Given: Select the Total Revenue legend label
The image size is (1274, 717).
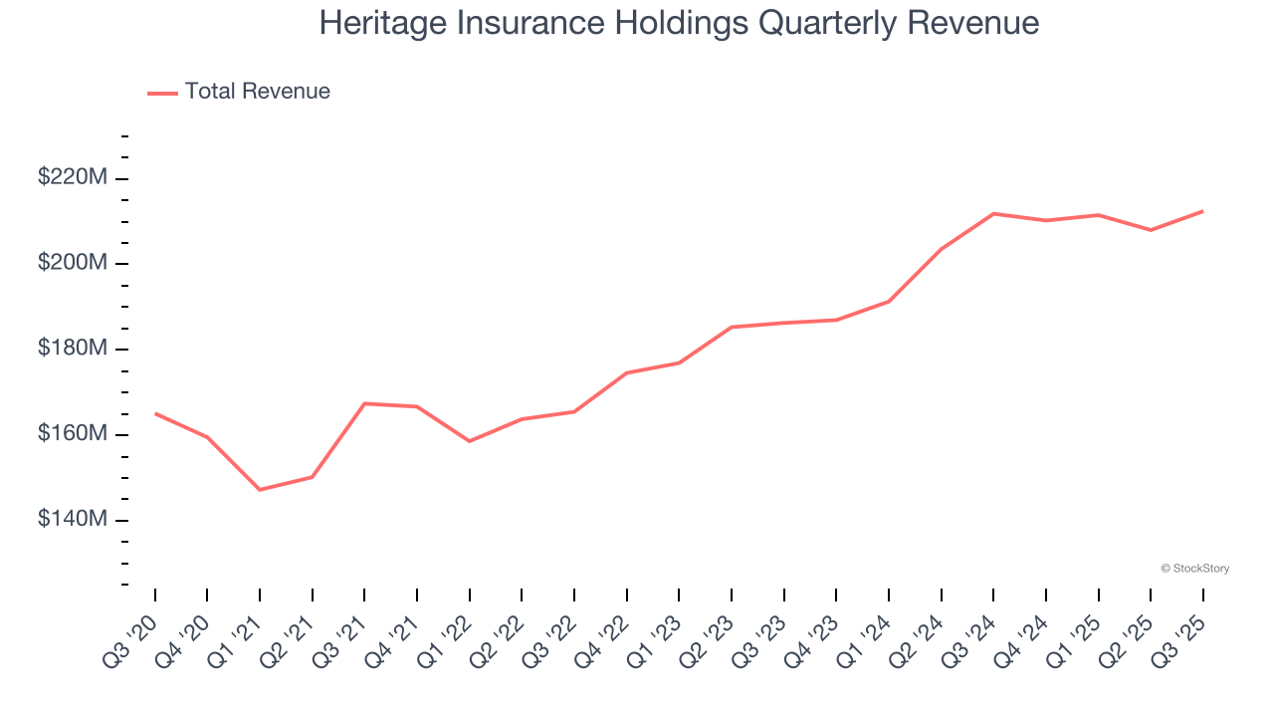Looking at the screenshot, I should (257, 92).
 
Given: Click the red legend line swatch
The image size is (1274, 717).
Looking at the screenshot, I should (162, 93).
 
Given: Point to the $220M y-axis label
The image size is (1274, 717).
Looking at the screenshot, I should (73, 178).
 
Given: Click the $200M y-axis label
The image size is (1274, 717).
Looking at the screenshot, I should (73, 264).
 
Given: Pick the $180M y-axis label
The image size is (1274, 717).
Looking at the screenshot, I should (73, 350).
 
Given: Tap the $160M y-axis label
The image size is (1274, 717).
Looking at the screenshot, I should (73, 435).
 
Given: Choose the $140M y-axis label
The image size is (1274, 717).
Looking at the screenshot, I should (73, 521).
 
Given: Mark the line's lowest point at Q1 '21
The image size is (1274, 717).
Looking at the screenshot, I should (260, 490).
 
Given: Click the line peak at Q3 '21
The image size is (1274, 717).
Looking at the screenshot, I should (364, 403).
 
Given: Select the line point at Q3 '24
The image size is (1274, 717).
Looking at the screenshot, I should (993, 213).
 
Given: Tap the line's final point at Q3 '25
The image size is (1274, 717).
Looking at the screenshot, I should (1202, 211).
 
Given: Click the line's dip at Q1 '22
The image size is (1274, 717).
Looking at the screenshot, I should (469, 441).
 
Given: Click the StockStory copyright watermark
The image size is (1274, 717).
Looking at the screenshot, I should (1194, 569).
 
